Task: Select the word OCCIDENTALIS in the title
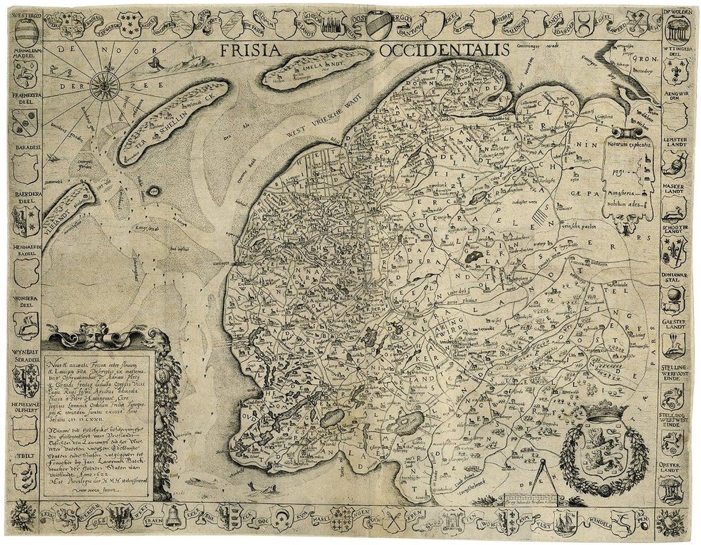click(x=444, y=50)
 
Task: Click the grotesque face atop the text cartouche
click(x=98, y=335)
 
